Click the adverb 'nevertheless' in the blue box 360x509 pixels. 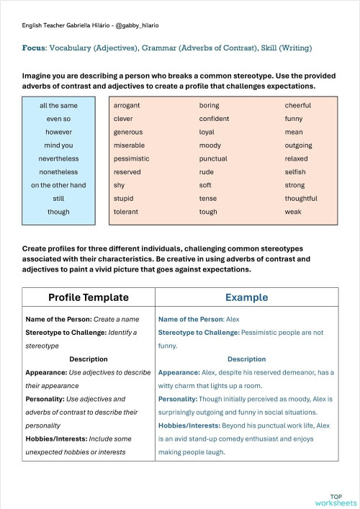[x=58, y=158]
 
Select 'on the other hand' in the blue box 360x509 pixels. [x=58, y=185]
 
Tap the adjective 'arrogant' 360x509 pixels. [x=127, y=106]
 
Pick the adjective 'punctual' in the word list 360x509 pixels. [x=213, y=158]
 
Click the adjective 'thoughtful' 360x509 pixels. [x=301, y=199]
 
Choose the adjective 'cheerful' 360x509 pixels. [x=297, y=106]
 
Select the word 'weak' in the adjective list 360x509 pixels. [x=293, y=212]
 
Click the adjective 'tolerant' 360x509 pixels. [x=126, y=212]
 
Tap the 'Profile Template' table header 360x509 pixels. [x=89, y=297]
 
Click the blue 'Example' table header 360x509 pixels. [x=246, y=297]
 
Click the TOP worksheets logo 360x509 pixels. [x=336, y=500]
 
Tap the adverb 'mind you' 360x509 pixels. [x=58, y=145]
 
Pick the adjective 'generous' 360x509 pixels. [x=128, y=132]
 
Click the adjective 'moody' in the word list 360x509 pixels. [x=210, y=145]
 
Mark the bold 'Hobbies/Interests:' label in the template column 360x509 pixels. [x=55, y=438]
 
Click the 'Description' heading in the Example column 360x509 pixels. [x=246, y=359]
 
